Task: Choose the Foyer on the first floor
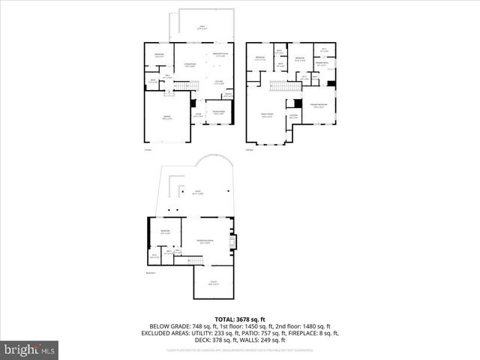(198, 115)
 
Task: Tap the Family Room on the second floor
(267, 115)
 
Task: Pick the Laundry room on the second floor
(295, 116)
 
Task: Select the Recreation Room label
(202, 241)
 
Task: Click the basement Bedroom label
(165, 232)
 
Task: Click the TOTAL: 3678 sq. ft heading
(240, 319)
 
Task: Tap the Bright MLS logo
(30, 349)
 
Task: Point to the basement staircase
(194, 259)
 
